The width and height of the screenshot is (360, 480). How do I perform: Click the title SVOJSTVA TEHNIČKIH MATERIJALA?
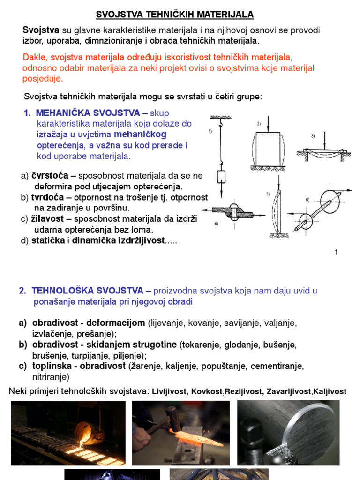pos(175,15)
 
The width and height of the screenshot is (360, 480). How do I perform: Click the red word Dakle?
pos(35,57)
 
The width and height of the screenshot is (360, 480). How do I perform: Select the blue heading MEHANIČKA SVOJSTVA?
pos(88,113)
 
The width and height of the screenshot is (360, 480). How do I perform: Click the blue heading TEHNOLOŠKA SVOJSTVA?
pos(85,291)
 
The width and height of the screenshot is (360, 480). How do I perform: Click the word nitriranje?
pos(51,376)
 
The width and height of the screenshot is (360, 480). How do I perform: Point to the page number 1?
pos(336,252)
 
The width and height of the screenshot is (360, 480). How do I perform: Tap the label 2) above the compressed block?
pos(259,124)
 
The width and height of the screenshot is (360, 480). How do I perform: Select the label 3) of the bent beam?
pos(313,136)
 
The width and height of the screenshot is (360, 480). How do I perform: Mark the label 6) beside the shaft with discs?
pos(307,200)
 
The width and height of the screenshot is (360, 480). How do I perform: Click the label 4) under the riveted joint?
pos(216,224)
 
